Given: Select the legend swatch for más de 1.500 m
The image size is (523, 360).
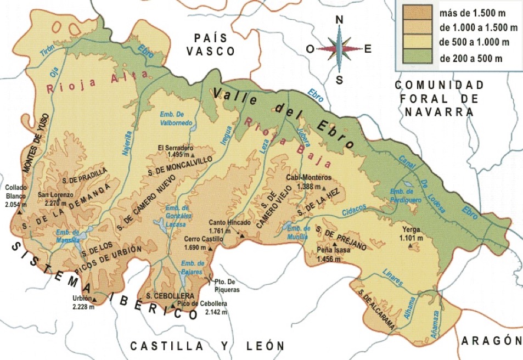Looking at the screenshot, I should pos(417,10).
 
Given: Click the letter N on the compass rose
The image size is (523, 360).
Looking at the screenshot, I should pos(339,20).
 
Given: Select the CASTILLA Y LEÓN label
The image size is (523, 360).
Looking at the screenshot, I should pos(207,346).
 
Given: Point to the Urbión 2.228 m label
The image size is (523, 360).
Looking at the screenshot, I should pos(83,302).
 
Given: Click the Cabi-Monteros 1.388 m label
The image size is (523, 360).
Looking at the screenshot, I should pos(309,182).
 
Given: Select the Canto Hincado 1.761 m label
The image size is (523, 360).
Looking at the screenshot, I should pos(229,227).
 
